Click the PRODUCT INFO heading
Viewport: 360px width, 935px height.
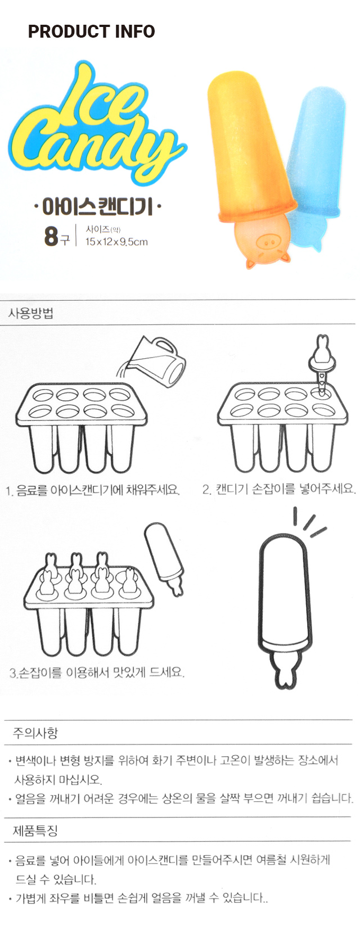point(91,31)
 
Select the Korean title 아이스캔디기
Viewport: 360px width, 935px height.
point(97,207)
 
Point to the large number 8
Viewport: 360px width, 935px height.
point(51,236)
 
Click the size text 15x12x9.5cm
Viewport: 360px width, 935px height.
point(116,241)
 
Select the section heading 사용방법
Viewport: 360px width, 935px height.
point(30,313)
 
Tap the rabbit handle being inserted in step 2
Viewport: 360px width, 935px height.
point(320,364)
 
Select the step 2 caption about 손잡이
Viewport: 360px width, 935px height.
point(278,489)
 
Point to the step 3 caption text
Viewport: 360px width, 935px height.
point(97,672)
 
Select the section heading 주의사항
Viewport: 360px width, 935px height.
point(35,733)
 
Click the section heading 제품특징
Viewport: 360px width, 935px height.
point(35,830)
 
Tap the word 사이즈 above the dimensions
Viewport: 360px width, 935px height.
point(98,229)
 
